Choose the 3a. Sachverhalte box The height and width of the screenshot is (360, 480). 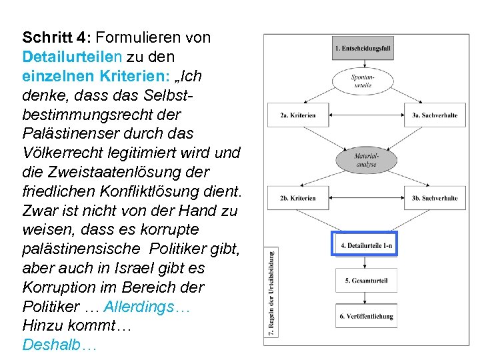point(434,115)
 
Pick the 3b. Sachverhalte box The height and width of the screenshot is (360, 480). point(434,197)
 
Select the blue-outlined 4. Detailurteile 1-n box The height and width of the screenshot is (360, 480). point(365,245)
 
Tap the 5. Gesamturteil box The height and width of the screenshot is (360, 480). point(366,281)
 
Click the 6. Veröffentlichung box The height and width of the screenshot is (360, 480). point(366,315)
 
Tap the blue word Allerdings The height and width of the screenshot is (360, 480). point(147,307)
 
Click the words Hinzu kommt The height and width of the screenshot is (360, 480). point(60,326)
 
